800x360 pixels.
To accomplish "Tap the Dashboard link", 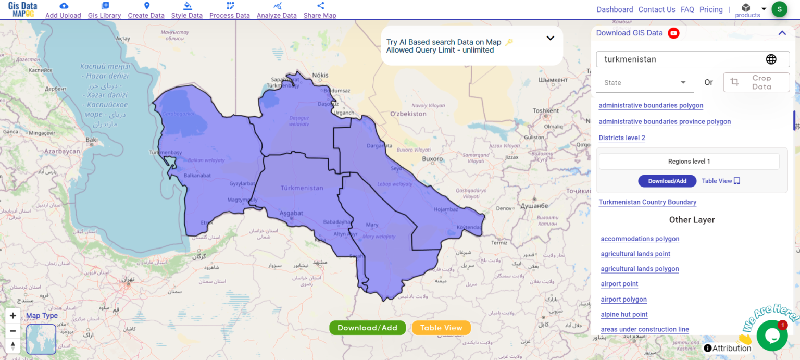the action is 615,9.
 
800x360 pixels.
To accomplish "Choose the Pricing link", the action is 711,9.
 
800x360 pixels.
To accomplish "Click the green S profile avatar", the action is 779,9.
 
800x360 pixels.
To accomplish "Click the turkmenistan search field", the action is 682,59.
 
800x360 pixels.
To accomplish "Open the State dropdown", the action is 645,83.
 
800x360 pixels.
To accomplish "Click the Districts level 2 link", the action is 622,138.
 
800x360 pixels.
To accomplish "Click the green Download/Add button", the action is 367,328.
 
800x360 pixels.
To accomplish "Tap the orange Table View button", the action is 441,328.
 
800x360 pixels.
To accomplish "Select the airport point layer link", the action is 619,284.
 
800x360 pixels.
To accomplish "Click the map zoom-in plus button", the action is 13,316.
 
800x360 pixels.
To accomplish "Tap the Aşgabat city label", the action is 291,213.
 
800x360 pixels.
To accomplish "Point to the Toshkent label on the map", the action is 546,110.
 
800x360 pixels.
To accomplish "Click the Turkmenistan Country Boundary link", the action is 647,202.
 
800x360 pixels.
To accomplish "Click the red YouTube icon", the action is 673,33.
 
